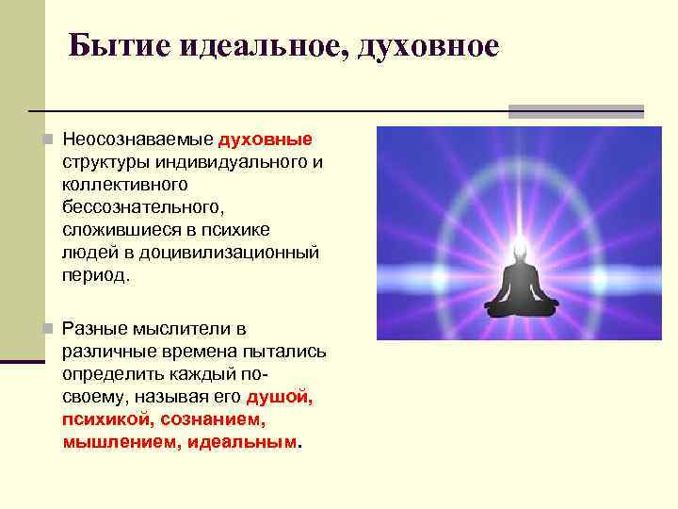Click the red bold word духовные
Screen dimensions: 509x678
click(x=266, y=140)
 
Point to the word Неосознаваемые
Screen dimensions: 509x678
click(x=137, y=140)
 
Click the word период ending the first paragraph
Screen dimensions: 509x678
click(x=96, y=275)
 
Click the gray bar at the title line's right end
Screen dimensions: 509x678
click(x=575, y=111)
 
